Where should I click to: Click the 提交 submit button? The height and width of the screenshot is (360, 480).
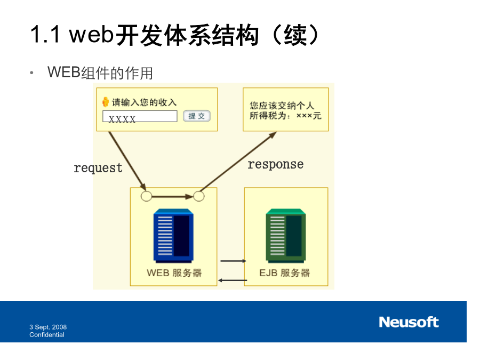click(196, 116)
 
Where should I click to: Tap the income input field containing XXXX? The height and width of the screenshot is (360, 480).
click(140, 116)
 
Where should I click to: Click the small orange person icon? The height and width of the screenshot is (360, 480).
click(106, 102)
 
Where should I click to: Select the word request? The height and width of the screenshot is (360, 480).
click(98, 168)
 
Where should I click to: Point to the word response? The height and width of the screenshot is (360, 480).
click(276, 165)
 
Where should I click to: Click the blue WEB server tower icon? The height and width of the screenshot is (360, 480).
click(173, 236)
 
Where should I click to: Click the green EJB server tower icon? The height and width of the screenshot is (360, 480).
click(286, 236)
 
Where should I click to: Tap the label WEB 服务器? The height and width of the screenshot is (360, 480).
click(174, 273)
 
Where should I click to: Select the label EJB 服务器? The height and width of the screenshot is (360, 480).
click(285, 273)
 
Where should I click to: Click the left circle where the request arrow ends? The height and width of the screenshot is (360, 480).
click(146, 196)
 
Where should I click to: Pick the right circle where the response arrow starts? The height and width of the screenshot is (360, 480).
click(199, 196)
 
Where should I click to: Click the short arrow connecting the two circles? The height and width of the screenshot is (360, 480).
click(173, 196)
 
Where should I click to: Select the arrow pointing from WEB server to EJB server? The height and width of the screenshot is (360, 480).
click(233, 261)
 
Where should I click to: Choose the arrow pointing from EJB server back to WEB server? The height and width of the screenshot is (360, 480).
click(233, 280)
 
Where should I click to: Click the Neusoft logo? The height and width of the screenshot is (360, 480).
click(409, 322)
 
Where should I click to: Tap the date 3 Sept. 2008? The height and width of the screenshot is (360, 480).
click(48, 327)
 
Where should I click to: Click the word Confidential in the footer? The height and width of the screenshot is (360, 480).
click(47, 335)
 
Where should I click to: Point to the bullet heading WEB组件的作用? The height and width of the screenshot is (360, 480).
click(100, 73)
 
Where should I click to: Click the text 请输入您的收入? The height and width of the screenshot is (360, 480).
click(144, 102)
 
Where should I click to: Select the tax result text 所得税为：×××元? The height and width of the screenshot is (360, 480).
click(285, 116)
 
